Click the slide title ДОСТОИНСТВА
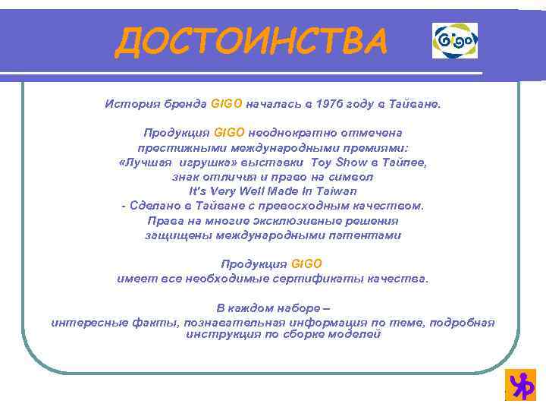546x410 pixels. click(x=250, y=42)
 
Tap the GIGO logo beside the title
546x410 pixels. click(x=455, y=40)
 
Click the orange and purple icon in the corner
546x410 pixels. click(x=522, y=385)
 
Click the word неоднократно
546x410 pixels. click(x=287, y=132)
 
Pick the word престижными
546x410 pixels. click(x=172, y=147)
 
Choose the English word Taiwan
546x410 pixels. click(x=332, y=191)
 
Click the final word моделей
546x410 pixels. click(x=356, y=334)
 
